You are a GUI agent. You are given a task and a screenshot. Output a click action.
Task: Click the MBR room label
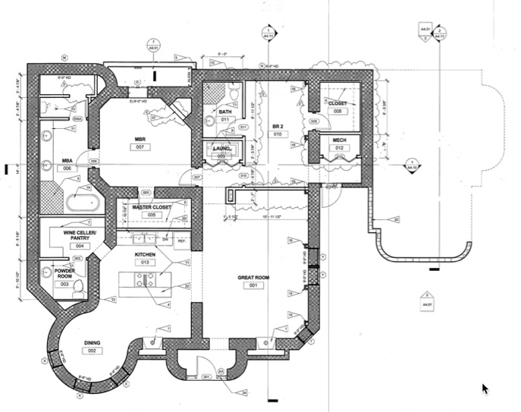click(140, 139)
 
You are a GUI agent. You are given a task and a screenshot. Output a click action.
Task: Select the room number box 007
click(140, 147)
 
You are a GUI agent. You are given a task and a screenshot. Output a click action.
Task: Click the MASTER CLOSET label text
click(151, 206)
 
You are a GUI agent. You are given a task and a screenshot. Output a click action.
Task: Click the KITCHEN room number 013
click(145, 262)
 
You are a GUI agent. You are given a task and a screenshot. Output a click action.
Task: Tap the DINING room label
click(93, 341)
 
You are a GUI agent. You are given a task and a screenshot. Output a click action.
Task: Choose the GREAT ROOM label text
click(253, 278)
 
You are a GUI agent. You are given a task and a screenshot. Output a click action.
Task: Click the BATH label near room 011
click(225, 112)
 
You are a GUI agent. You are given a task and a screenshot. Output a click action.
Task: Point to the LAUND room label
click(221, 149)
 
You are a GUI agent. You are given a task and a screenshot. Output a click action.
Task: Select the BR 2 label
click(277, 127)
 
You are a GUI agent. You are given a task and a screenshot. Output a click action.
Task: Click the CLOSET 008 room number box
click(337, 111)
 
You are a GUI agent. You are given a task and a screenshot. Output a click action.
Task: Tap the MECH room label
click(339, 140)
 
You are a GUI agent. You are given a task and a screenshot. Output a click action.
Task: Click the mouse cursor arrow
click(486, 388)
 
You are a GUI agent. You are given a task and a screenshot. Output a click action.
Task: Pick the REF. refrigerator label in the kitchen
click(181, 241)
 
